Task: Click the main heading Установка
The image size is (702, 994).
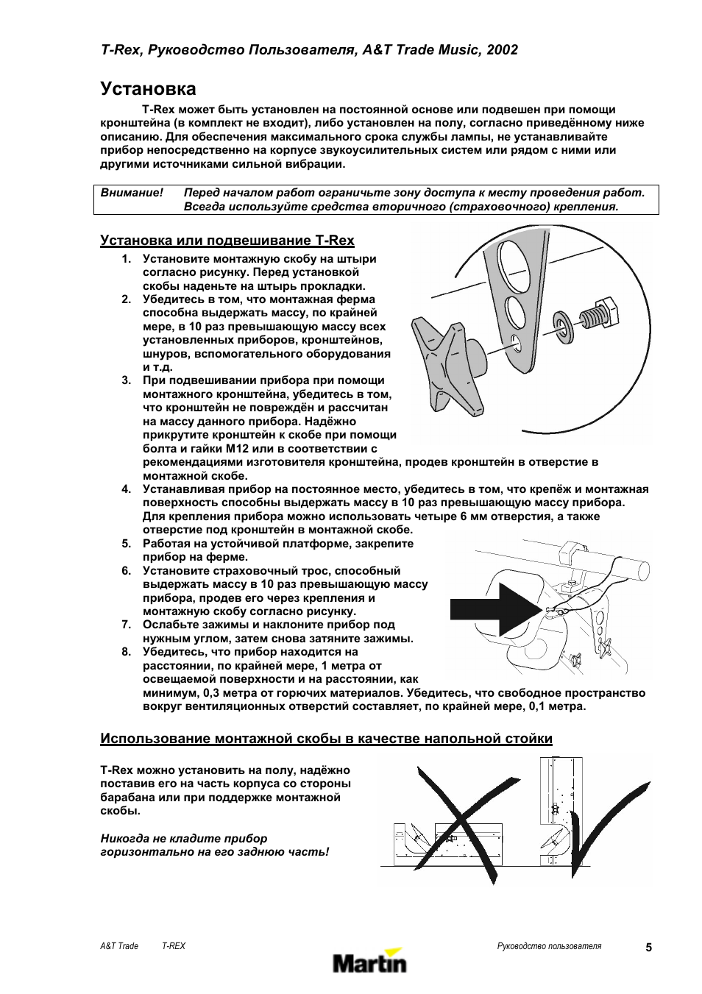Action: tap(148, 89)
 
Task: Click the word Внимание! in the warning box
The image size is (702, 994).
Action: tap(132, 193)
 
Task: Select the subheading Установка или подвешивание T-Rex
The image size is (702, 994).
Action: tap(227, 241)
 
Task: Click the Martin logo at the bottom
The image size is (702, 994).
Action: tap(369, 962)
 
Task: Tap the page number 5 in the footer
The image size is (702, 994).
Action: tap(648, 948)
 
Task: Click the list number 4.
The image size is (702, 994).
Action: tap(127, 489)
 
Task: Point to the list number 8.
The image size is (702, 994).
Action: tap(127, 652)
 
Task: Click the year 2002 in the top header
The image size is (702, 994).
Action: tap(503, 49)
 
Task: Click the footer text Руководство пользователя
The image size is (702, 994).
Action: tap(549, 946)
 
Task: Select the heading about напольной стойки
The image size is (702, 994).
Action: tap(326, 739)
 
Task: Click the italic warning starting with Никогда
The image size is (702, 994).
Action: tap(214, 845)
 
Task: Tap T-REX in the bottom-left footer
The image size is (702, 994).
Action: tap(174, 946)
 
